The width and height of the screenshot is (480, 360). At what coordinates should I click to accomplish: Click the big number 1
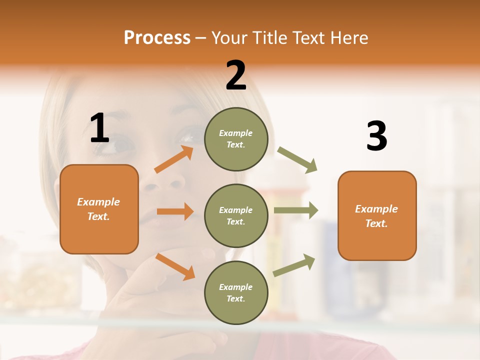point(99,128)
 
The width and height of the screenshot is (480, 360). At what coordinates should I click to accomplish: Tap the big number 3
point(376,136)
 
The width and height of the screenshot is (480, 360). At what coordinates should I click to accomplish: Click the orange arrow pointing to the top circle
point(174,159)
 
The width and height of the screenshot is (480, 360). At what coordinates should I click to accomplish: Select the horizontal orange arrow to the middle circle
point(175,211)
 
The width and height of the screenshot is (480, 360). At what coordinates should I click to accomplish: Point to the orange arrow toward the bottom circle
point(175,266)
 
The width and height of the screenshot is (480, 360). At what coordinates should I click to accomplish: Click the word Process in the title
point(157,37)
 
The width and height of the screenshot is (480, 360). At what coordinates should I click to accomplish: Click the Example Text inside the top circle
point(236,139)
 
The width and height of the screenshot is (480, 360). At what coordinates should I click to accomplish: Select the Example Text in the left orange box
point(99,209)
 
